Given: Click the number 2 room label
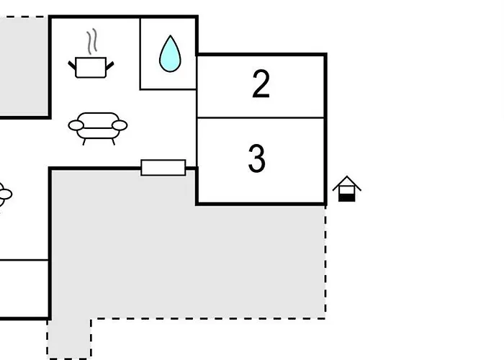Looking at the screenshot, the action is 261,84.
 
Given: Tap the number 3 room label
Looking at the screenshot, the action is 257,158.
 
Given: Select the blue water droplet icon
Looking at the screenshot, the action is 170,53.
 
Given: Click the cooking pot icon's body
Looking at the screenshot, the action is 91,68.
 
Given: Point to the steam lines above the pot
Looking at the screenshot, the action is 91,42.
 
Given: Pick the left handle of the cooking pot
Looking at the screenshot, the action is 72,66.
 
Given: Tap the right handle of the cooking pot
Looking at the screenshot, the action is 110,66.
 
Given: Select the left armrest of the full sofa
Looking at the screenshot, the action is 76,125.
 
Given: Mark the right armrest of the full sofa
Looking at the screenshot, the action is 120,125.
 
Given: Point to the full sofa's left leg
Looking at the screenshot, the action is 84,142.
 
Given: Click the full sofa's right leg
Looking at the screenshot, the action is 113,142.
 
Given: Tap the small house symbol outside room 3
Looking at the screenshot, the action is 347,189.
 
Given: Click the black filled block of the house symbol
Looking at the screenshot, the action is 347,198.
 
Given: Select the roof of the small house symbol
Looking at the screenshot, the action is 347,183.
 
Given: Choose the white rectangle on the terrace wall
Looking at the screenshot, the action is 163,168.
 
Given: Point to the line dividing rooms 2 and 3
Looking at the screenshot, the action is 261,118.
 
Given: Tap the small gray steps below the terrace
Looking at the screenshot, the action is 69,339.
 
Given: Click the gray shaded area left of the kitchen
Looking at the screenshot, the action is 24,66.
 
